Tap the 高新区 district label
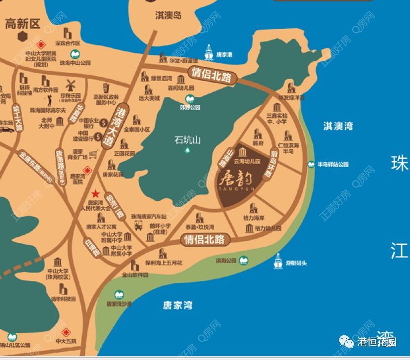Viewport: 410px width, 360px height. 22,23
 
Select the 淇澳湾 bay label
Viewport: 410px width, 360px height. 338,126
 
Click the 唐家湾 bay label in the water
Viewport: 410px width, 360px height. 177,306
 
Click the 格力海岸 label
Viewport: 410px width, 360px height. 254,218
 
